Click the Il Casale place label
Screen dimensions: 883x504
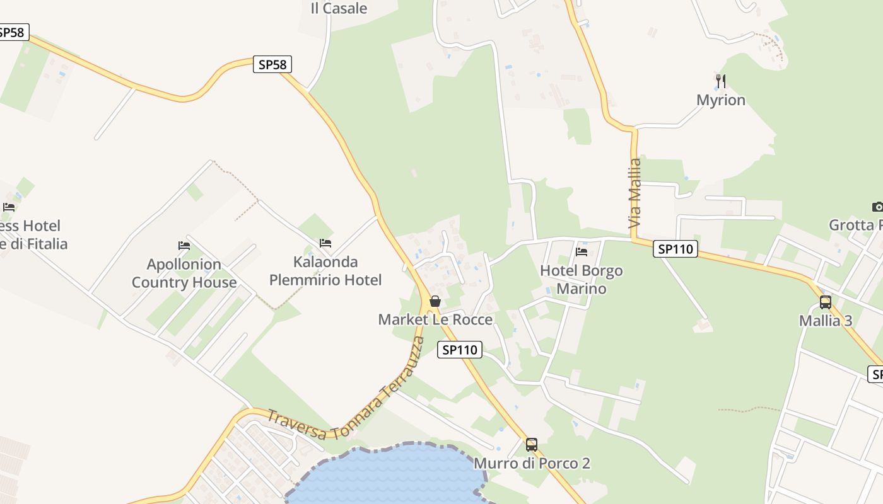point(339,8)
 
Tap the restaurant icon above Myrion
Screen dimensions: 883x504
point(721,81)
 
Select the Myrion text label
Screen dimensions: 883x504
point(721,100)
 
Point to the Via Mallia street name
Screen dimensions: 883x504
point(634,193)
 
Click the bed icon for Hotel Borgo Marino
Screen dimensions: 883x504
point(582,252)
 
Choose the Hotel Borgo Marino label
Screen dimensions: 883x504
point(581,280)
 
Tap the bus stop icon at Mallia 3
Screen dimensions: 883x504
point(826,302)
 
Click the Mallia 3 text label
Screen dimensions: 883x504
point(826,321)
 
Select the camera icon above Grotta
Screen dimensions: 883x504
point(877,207)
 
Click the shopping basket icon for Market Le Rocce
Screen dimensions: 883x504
point(435,301)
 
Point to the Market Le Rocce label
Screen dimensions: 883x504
point(435,319)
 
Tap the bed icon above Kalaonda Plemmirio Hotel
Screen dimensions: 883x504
point(325,243)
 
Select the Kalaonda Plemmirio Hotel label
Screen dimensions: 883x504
point(325,271)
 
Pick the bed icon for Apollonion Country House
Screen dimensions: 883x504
point(184,245)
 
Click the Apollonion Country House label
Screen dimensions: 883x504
point(184,273)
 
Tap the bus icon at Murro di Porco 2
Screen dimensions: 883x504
point(532,445)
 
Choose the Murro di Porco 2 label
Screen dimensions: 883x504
point(532,464)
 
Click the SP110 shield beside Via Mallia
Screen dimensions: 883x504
point(675,249)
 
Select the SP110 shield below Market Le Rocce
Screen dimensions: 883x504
point(459,350)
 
